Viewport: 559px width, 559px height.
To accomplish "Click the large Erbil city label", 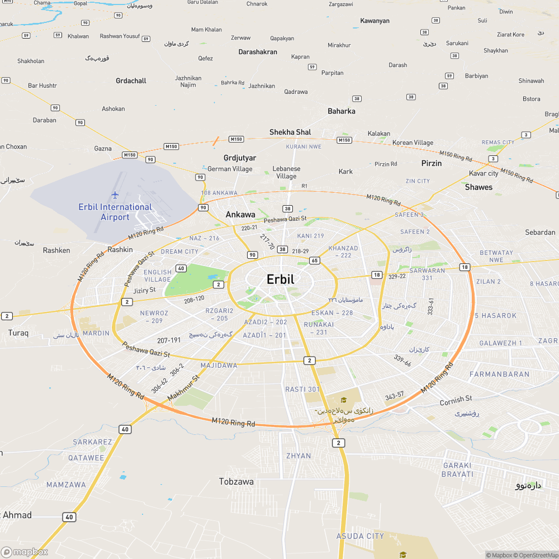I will pyautogui.click(x=280, y=279).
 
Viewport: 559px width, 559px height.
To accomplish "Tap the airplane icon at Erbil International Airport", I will pyautogui.click(x=115, y=195).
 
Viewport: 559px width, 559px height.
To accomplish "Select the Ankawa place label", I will pyautogui.click(x=240, y=215).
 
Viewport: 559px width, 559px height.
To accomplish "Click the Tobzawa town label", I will pyautogui.click(x=236, y=482).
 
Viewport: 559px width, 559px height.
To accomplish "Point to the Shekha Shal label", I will pyautogui.click(x=290, y=132).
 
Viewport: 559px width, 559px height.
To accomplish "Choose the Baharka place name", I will pyautogui.click(x=342, y=111).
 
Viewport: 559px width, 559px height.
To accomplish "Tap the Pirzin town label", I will pyautogui.click(x=432, y=163).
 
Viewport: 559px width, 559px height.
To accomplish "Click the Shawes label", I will pyautogui.click(x=479, y=187).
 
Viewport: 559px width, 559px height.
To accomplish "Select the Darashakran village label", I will pyautogui.click(x=258, y=52).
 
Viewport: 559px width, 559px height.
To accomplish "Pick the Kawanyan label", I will pyautogui.click(x=375, y=21).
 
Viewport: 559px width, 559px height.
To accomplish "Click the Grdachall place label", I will pyautogui.click(x=131, y=81).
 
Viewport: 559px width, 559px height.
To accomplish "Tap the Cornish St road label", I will pyautogui.click(x=456, y=400).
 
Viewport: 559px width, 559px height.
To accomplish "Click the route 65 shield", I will pyautogui.click(x=315, y=260).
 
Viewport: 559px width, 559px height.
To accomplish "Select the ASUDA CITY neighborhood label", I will pyautogui.click(x=360, y=537).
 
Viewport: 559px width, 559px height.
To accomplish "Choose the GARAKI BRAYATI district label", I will pyautogui.click(x=458, y=470).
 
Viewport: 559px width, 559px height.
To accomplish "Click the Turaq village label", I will pyautogui.click(x=18, y=333).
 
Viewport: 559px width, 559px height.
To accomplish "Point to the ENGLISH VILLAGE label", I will pyautogui.click(x=158, y=276).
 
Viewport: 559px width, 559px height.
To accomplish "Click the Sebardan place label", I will pyautogui.click(x=540, y=233).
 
